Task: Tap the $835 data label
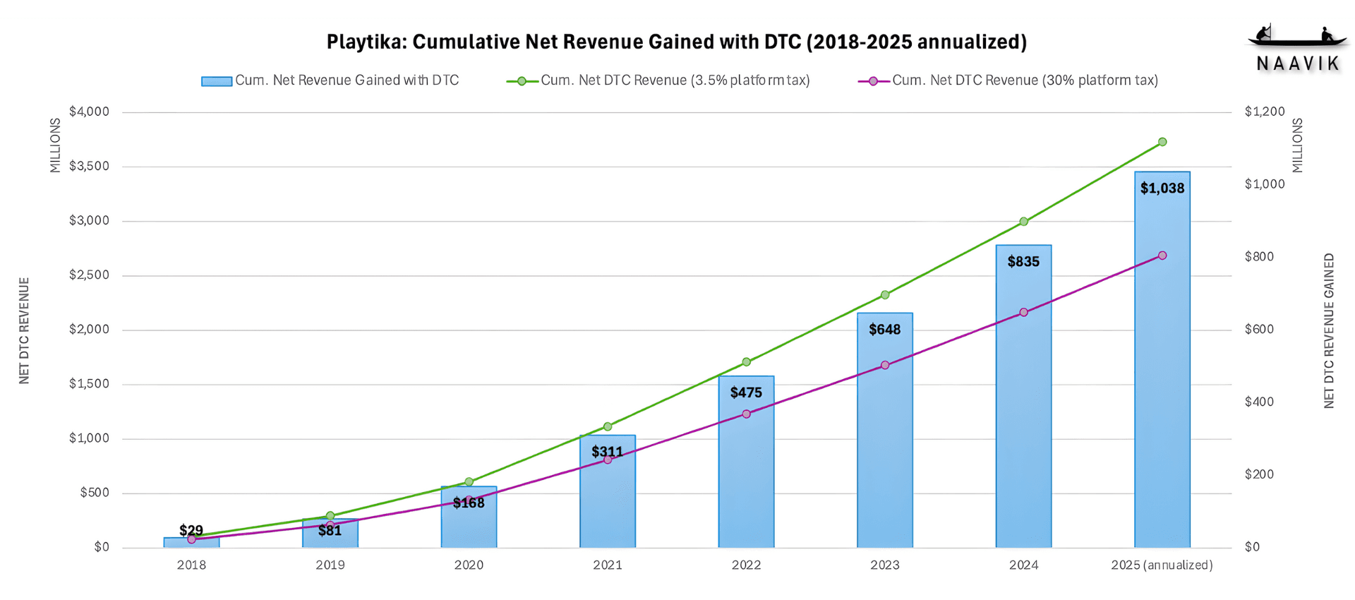(1023, 262)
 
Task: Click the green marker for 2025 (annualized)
(1162, 142)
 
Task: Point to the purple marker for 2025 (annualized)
(1162, 256)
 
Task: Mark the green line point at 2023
(885, 295)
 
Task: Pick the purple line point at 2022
(746, 414)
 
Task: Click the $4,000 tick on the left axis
(89, 112)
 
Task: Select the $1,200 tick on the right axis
(1265, 112)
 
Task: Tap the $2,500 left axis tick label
(89, 275)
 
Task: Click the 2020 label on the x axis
(469, 565)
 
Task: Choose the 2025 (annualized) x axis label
(1162, 565)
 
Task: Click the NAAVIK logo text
(1298, 64)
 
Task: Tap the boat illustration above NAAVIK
(1297, 37)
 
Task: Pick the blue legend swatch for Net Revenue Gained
(216, 81)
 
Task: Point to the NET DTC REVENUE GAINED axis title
(1329, 330)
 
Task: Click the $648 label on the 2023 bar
(884, 330)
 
